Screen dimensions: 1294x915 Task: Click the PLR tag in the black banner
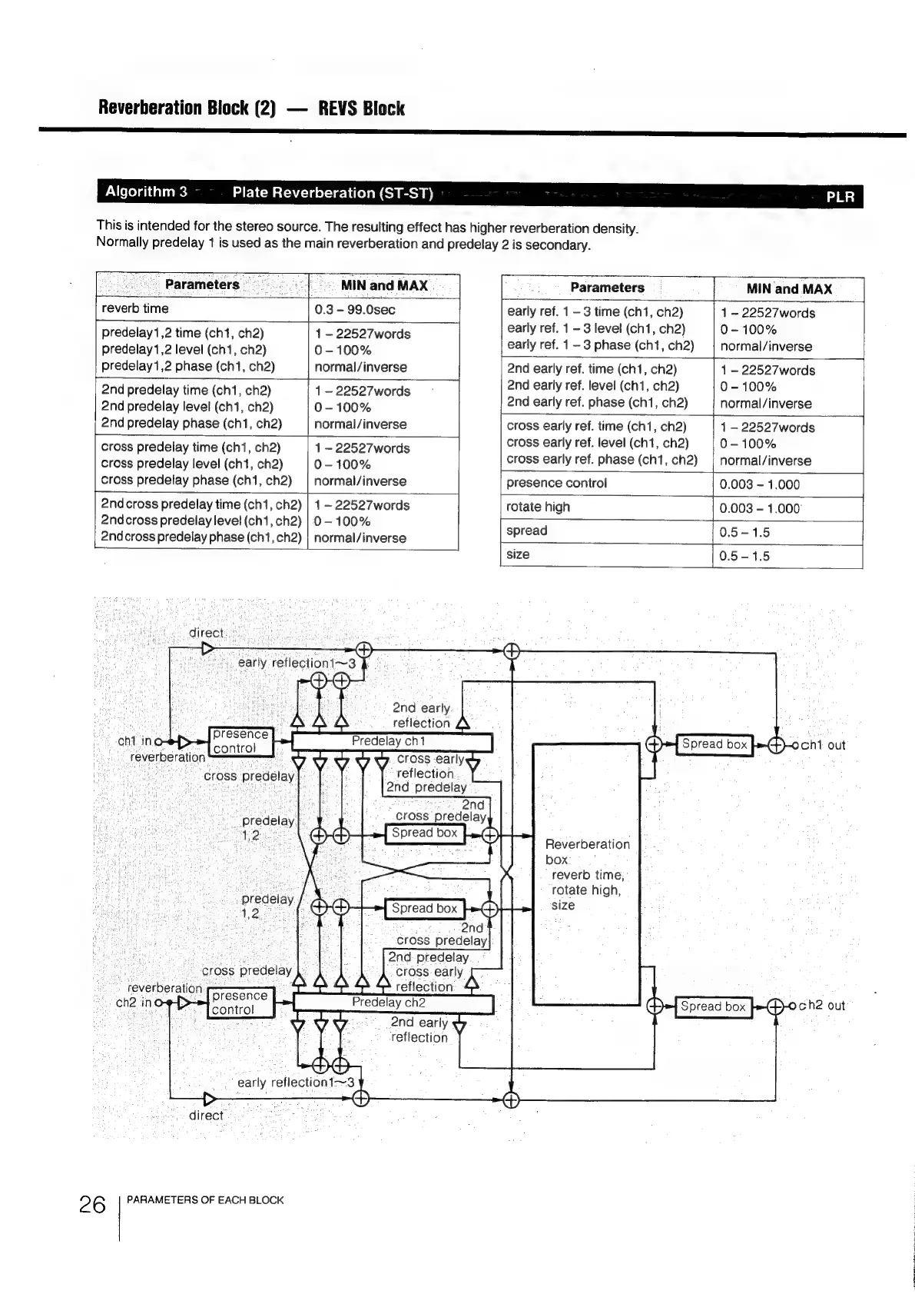(x=840, y=197)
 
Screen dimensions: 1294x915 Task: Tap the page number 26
(x=92, y=1204)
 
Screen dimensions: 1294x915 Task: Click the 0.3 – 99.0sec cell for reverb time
(x=354, y=309)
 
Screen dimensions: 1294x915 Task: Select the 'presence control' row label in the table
(x=556, y=483)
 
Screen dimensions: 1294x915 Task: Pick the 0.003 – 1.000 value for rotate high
(x=759, y=508)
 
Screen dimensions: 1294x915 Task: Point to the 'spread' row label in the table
(x=527, y=531)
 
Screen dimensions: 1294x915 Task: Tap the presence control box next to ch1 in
(x=240, y=741)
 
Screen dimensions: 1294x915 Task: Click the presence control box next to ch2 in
(x=240, y=1003)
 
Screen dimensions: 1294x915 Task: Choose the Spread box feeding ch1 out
(x=714, y=744)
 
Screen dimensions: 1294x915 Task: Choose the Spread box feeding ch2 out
(x=713, y=1006)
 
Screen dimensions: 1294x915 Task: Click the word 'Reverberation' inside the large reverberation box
(x=587, y=844)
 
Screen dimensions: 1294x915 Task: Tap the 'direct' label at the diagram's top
(x=206, y=633)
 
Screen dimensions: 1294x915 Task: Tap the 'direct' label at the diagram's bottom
(x=206, y=1116)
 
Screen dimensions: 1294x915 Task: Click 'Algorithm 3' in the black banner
(x=146, y=191)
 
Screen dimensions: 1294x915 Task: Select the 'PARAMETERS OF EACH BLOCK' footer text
(x=205, y=1199)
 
